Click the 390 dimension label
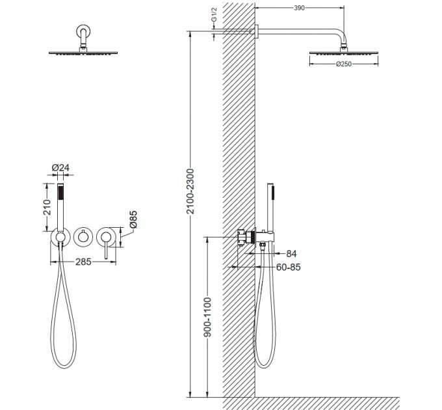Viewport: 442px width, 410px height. pyautogui.click(x=299, y=8)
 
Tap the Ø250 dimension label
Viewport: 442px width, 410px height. pyautogui.click(x=344, y=64)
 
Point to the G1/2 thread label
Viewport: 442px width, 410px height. pyautogui.click(x=214, y=15)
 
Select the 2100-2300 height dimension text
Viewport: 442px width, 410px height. pyautogui.click(x=191, y=191)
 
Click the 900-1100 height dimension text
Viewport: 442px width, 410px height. pyautogui.click(x=207, y=317)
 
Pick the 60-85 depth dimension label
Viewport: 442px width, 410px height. pyautogui.click(x=288, y=267)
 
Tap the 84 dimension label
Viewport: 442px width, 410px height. pyautogui.click(x=291, y=254)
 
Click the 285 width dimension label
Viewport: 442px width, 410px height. pyautogui.click(x=83, y=262)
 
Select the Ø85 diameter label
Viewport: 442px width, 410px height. pyautogui.click(x=133, y=219)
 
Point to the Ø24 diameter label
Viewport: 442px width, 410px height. pyautogui.click(x=60, y=168)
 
